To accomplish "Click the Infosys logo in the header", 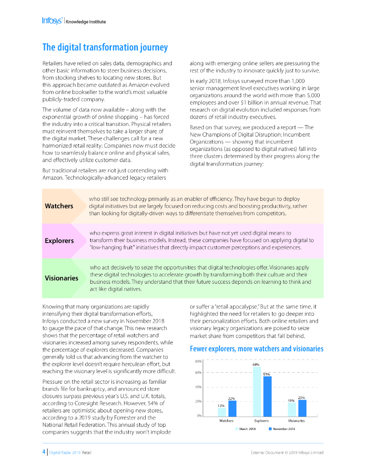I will click(x=52, y=21).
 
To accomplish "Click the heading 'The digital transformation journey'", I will click(x=105, y=47).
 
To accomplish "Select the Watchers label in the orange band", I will click(x=59, y=206).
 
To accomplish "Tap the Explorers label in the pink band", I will click(x=59, y=241).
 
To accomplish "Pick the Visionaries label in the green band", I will click(x=62, y=278).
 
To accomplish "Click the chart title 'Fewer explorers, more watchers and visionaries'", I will click(x=256, y=349).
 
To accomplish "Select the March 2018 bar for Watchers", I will click(x=222, y=412).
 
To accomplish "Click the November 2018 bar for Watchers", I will click(x=232, y=408).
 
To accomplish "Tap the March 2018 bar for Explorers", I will click(x=257, y=391).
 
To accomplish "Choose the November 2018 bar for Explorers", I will click(x=267, y=396).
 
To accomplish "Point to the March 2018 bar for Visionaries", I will click(x=292, y=409).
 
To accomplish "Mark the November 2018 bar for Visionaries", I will click(x=302, y=407).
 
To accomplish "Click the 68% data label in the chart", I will click(x=256, y=364).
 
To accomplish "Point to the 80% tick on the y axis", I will click(x=198, y=361).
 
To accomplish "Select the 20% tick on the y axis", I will click(x=198, y=401).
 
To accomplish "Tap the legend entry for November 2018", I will click(x=282, y=429).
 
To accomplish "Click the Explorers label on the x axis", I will click(x=261, y=421).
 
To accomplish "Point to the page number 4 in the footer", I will click(x=43, y=452).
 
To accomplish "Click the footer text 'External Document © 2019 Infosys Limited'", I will click(x=287, y=452).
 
